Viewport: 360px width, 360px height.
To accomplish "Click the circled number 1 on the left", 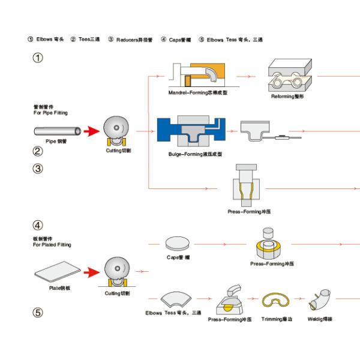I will pyautogui.click(x=38, y=58).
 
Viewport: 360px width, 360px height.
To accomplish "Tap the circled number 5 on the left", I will pyautogui.click(x=38, y=312).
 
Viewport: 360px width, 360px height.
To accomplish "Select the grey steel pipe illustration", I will pyautogui.click(x=58, y=130).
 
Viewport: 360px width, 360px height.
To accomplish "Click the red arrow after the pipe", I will pyautogui.click(x=91, y=130).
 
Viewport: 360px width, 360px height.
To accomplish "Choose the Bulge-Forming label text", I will pyautogui.click(x=196, y=154).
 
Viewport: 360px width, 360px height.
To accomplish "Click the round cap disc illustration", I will pyautogui.click(x=178, y=244).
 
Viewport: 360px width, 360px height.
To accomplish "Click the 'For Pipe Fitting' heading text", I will pyautogui.click(x=50, y=112).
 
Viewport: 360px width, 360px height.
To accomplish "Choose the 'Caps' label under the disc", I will pyautogui.click(x=178, y=257).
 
